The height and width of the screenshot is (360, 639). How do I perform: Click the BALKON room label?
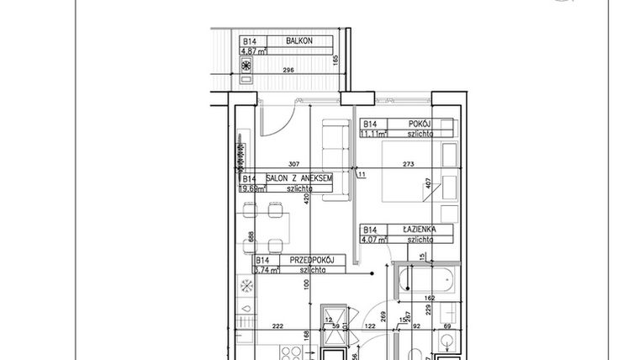click(299, 40)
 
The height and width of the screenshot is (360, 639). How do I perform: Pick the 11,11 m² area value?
click(374, 133)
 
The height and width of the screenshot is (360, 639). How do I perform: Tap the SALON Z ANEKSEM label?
click(299, 178)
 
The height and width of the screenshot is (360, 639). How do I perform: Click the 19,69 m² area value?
click(253, 188)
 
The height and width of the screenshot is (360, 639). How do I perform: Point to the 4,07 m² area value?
click(374, 239)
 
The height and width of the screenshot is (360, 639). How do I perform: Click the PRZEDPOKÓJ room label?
click(312, 260)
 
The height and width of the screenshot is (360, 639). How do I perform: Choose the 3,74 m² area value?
click(268, 270)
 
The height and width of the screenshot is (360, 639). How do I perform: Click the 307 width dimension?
click(294, 165)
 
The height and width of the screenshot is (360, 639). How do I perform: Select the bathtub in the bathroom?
click(426, 281)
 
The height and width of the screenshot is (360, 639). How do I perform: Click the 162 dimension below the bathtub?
click(429, 297)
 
